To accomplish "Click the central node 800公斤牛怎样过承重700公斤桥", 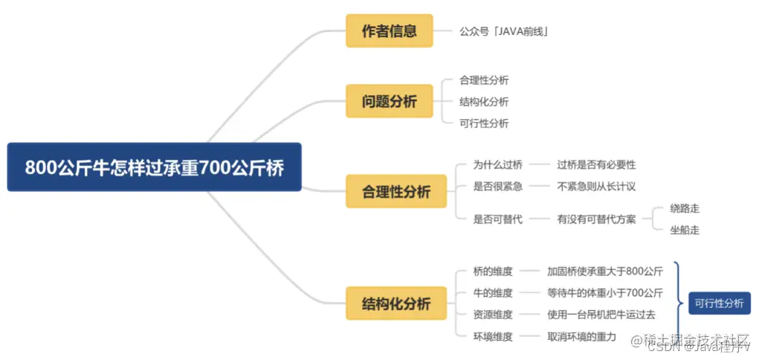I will click(x=154, y=167).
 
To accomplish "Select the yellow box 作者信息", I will click(x=389, y=30).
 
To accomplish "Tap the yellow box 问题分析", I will click(x=389, y=101).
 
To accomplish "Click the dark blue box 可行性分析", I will click(x=719, y=303).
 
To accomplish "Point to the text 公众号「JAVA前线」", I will click(x=503, y=31).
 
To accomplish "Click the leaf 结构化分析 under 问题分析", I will click(x=484, y=102).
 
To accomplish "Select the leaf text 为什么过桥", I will click(x=497, y=164).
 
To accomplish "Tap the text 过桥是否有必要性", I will click(x=596, y=164).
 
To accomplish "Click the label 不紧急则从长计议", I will click(x=596, y=186).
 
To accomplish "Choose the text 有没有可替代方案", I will click(x=596, y=219).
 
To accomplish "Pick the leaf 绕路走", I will click(x=684, y=208).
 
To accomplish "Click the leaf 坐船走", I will click(x=684, y=230).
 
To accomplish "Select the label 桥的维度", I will click(x=493, y=271).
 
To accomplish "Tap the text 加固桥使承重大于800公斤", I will click(x=604, y=271).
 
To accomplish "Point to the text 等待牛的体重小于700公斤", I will click(x=604, y=293).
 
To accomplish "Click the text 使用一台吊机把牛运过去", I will click(x=601, y=315).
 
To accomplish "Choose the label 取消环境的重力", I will click(x=581, y=336).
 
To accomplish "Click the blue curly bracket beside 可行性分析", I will click(x=678, y=303).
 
